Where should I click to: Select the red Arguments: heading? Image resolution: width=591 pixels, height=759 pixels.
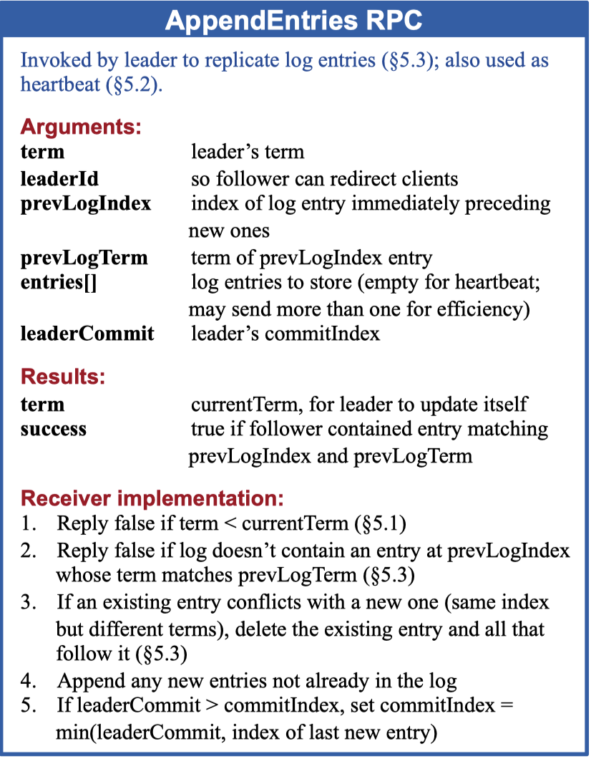(81, 127)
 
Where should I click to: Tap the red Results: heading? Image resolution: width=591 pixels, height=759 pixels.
(63, 377)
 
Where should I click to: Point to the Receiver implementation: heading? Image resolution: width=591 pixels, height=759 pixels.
(152, 498)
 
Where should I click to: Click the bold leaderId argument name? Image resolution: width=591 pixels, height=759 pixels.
(59, 178)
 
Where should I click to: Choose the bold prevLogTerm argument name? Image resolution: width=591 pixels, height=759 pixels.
(84, 257)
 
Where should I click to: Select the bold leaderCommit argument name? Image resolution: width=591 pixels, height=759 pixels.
(87, 334)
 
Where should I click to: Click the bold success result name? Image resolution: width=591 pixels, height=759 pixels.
(54, 430)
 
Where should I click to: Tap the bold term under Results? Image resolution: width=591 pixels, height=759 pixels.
(42, 405)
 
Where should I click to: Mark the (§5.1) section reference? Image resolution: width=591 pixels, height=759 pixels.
(381, 524)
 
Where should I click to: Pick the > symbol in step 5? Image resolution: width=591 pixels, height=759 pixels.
(212, 706)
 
